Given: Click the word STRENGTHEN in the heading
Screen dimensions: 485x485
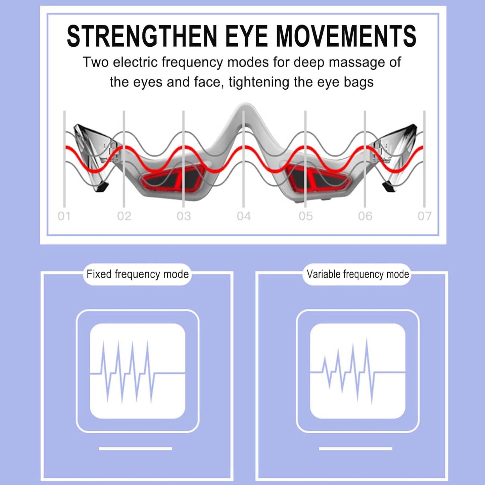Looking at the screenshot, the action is tap(142, 36).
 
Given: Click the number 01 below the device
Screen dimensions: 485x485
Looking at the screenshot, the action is tap(64, 216).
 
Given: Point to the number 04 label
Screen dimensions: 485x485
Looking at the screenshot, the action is tap(244, 216).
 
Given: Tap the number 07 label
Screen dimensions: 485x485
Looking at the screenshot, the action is tap(424, 216).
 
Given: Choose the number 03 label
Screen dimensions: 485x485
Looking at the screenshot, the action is tap(184, 216).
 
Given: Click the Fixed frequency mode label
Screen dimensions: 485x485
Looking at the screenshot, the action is tap(137, 274).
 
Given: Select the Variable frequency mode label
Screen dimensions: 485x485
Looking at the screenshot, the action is tap(358, 274).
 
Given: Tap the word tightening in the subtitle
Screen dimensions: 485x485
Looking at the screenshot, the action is tap(259, 82).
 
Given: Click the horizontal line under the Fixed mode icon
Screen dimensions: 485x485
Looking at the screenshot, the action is tap(136, 448).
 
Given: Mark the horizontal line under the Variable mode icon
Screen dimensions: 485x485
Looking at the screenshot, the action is tap(356, 448).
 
